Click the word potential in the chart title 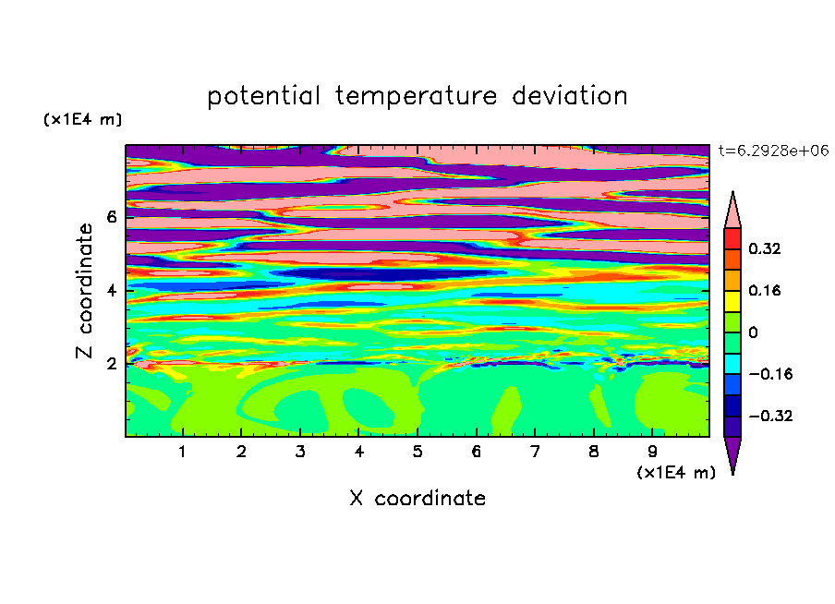click(263, 96)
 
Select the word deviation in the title click(570, 95)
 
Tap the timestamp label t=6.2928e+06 click(773, 151)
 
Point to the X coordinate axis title click(417, 498)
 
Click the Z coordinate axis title click(85, 291)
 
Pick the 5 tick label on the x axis click(417, 452)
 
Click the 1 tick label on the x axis click(183, 452)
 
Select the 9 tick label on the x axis click(652, 452)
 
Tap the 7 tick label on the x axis click(535, 452)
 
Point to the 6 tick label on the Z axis click(111, 217)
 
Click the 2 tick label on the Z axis click(111, 364)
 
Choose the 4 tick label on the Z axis click(111, 291)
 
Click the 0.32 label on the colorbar click(765, 248)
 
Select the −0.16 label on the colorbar click(770, 374)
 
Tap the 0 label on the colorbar click(753, 332)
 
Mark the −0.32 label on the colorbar click(770, 416)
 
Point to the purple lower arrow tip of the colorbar click(732, 474)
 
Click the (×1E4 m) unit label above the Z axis click(82, 119)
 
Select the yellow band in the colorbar click(732, 301)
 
